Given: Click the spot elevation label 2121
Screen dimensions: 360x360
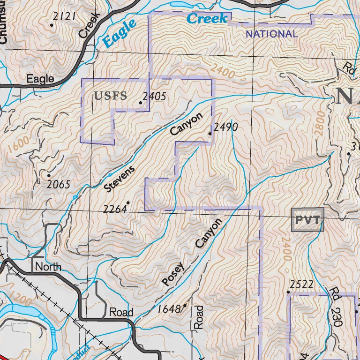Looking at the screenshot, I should [64, 16].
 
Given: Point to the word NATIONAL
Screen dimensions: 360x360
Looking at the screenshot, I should [271, 34].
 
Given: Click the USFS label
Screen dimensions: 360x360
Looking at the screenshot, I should [111, 97].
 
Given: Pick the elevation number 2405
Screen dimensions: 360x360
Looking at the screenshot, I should [155, 97].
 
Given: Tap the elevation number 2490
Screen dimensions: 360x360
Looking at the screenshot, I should [226, 127].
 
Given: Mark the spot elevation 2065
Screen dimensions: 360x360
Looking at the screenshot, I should [59, 184].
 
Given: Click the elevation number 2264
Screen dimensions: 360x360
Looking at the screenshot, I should [115, 209].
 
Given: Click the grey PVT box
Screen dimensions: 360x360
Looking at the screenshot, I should [307, 219].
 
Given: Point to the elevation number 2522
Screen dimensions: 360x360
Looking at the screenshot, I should [301, 285].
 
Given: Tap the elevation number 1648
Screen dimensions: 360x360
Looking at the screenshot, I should [169, 309].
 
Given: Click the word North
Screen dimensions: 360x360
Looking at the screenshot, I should [48, 267].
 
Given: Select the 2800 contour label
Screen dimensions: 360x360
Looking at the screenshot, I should [321, 123].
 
